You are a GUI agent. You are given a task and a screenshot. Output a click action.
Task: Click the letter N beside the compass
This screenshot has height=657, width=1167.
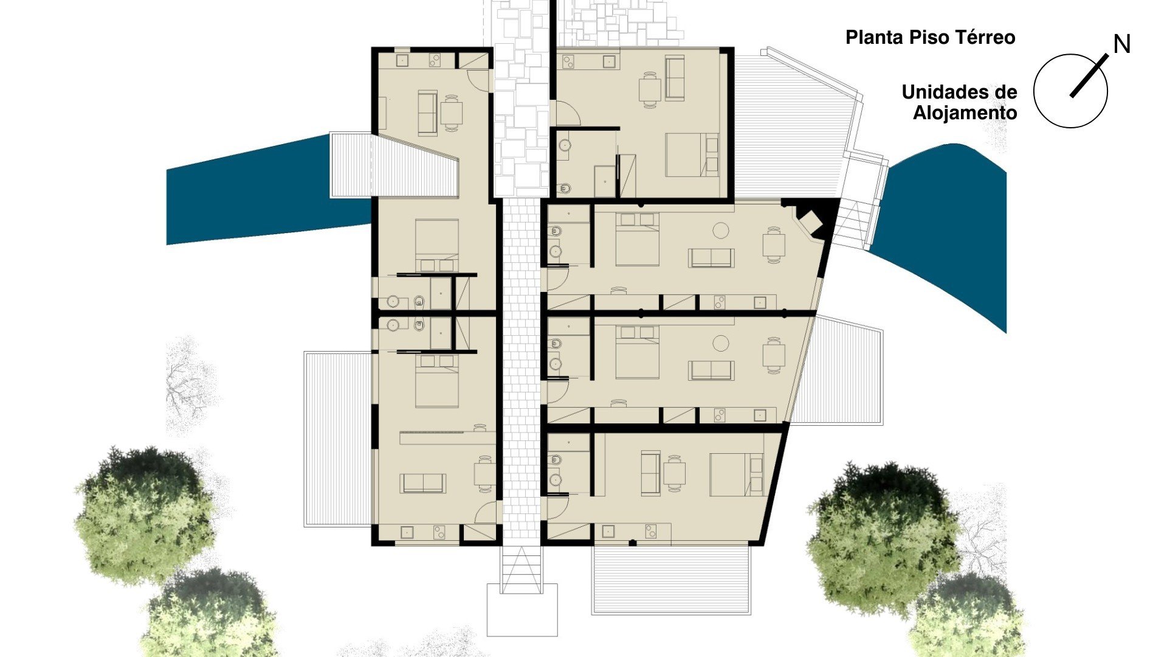pyautogui.click(x=1121, y=44)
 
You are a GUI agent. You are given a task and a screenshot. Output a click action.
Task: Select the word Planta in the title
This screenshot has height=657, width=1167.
pyautogui.click(x=875, y=38)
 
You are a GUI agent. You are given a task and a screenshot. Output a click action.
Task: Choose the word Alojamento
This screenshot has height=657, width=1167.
pyautogui.click(x=965, y=113)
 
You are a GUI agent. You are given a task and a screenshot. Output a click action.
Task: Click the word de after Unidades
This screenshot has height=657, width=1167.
pyautogui.click(x=1003, y=92)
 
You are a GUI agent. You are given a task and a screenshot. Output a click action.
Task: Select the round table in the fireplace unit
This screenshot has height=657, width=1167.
pyautogui.click(x=721, y=231)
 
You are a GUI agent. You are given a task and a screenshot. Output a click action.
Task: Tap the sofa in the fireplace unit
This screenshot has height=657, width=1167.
pyautogui.click(x=711, y=258)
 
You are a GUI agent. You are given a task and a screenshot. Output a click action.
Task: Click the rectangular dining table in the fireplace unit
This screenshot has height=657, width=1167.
pyautogui.click(x=774, y=245)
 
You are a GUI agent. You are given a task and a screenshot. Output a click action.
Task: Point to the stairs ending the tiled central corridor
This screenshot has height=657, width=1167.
pyautogui.click(x=521, y=569)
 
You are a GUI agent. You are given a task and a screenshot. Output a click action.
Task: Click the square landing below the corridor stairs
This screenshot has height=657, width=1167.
pyautogui.click(x=522, y=610)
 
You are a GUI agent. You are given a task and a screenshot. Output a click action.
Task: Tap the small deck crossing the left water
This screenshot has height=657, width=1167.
pyautogui.click(x=394, y=165)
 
